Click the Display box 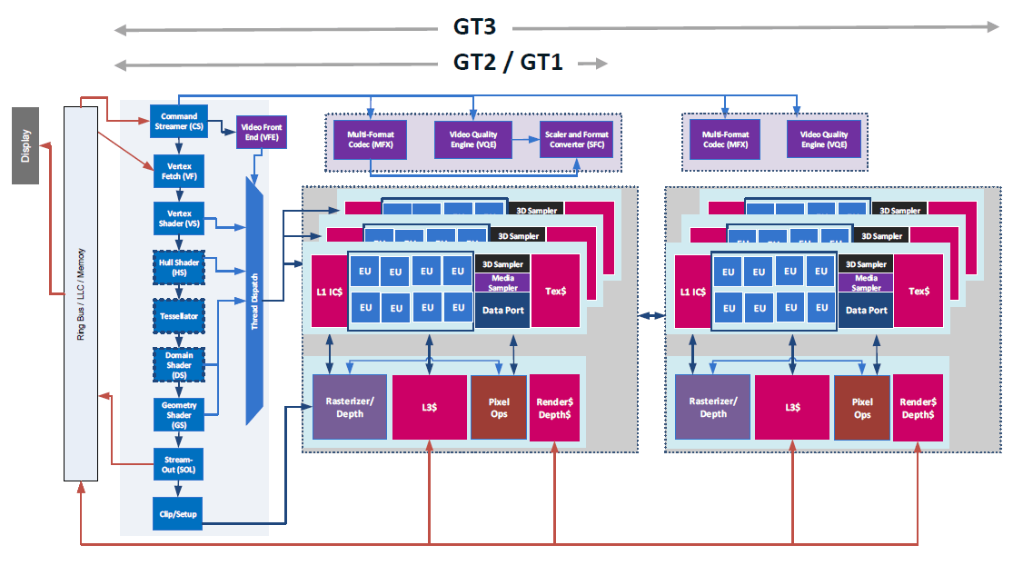coord(25,144)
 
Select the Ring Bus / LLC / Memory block coord(80,292)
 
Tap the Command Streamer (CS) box coord(179,121)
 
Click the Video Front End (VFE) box coord(262,133)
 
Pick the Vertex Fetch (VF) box coord(179,172)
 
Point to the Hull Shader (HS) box coord(179,267)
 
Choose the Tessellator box coord(179,316)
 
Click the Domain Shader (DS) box coord(179,365)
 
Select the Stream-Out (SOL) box coord(179,463)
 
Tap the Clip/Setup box coord(179,513)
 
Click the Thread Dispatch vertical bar coord(254,300)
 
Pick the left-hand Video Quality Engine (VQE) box coord(472,140)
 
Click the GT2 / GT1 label coord(508,63)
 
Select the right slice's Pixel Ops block coord(861,407)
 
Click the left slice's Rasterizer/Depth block coord(350,407)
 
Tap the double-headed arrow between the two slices coord(651,315)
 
